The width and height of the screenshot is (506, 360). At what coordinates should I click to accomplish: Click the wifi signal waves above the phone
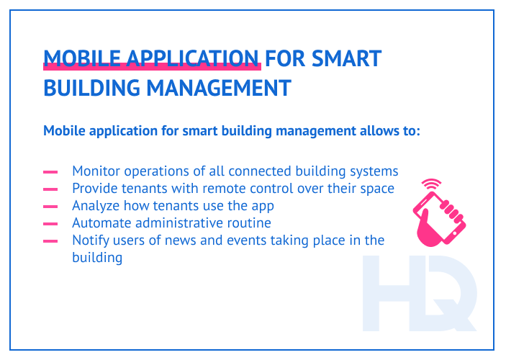[x=431, y=186]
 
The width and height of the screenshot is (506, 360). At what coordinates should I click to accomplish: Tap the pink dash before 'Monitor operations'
[x=50, y=172]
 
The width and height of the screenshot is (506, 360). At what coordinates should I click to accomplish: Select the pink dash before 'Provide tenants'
[x=50, y=189]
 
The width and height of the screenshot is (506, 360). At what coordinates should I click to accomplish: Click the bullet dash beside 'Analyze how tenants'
[x=50, y=207]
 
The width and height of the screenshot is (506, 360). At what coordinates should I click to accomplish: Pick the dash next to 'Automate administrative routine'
[x=50, y=224]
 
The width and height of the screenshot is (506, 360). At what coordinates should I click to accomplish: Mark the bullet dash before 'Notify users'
[x=50, y=241]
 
